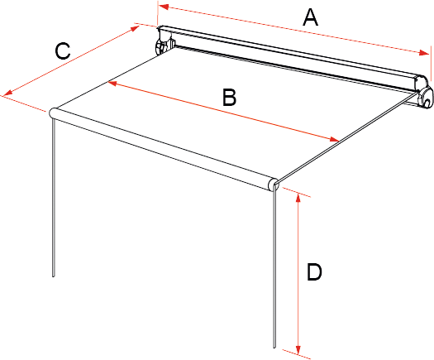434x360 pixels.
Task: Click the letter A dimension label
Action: [310, 17]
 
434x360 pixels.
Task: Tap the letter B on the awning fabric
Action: [230, 98]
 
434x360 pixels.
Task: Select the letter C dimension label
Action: [63, 50]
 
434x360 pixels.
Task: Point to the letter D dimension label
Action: [314, 272]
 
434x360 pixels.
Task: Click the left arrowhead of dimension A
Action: [164, 7]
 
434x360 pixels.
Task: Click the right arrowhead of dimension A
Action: [424, 53]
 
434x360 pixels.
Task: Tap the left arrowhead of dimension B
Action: [112, 83]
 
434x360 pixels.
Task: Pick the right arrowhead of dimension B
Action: [334, 139]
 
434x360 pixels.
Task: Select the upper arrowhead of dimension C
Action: [134, 28]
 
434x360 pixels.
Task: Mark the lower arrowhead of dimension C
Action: [7, 94]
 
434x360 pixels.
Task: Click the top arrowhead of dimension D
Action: [298, 198]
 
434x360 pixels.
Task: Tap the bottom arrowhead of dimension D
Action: [298, 350]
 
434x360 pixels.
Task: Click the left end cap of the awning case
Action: [165, 41]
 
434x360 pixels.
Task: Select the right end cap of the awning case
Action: [423, 93]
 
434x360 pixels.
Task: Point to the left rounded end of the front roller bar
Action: [53, 113]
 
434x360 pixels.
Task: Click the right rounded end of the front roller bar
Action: [273, 185]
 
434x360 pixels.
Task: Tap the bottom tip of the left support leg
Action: [54, 276]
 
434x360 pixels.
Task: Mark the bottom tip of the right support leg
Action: [274, 347]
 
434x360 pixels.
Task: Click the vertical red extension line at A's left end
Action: [158, 14]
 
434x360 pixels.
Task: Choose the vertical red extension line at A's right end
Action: [431, 64]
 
